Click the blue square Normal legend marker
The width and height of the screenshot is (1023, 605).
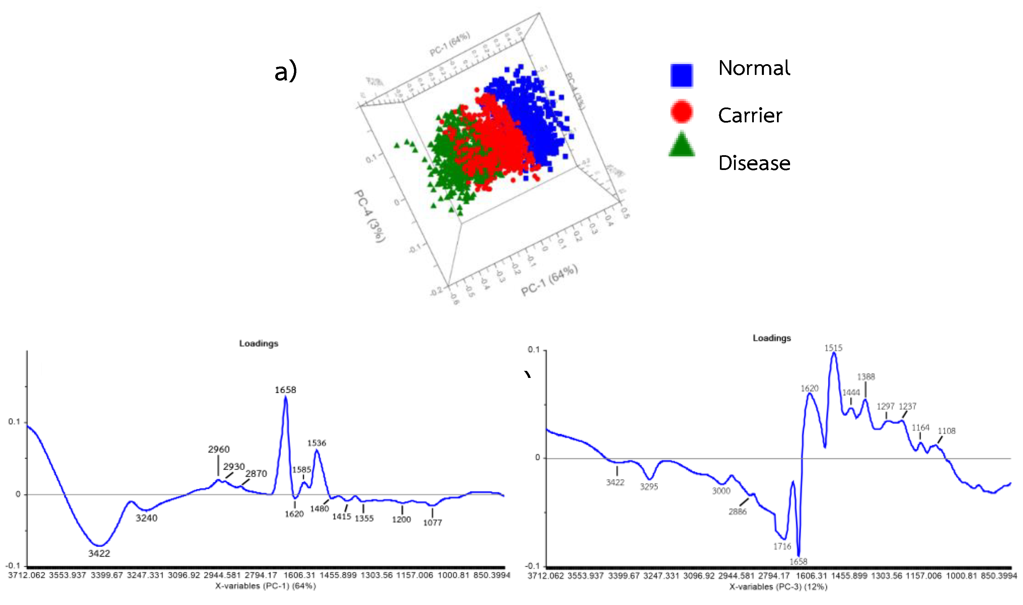681,76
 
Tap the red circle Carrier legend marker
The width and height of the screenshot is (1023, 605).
681,111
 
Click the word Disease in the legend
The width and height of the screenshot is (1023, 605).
754,163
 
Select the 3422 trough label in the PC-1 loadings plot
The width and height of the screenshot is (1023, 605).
99,553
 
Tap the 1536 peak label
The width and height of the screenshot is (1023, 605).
316,443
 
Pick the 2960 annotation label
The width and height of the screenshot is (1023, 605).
219,449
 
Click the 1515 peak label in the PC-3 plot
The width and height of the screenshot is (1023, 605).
833,348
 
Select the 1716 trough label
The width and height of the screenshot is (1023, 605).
782,547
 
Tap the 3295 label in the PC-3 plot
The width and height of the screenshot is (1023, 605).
649,487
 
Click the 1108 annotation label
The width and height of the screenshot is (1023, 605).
946,431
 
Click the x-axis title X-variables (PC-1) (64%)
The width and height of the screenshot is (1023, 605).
265,586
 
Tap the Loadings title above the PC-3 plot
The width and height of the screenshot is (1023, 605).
771,338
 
